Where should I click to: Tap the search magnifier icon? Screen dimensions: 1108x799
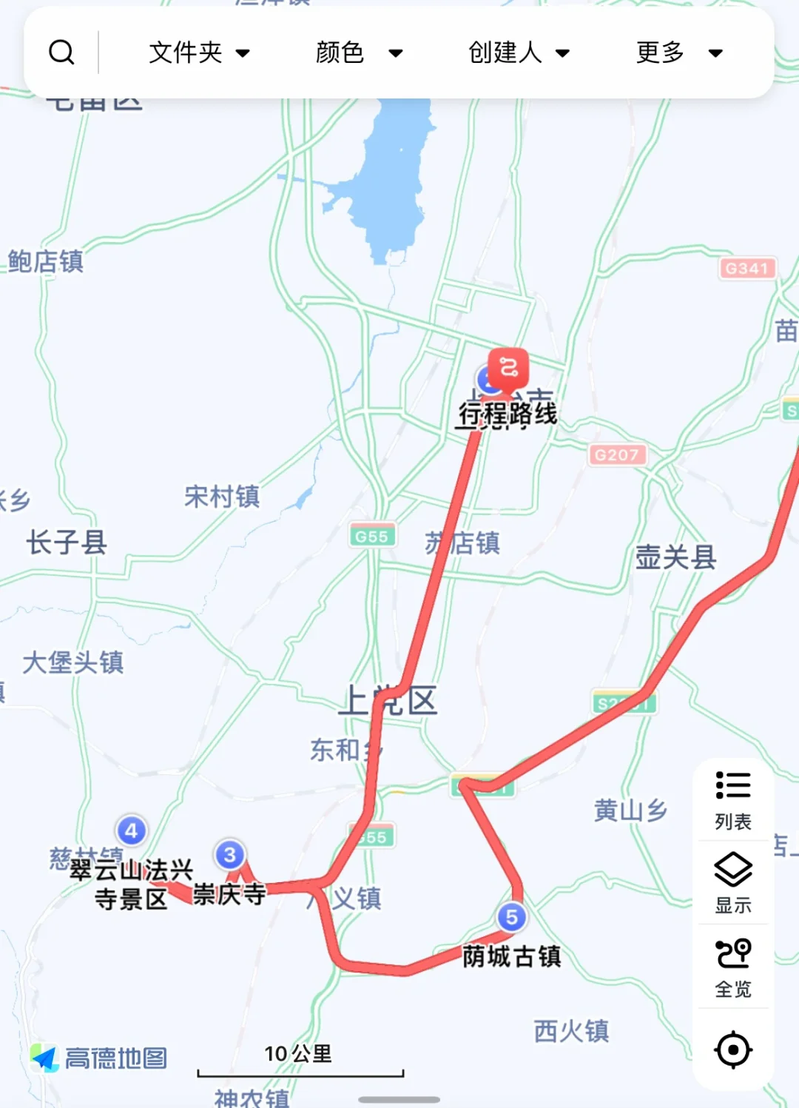tap(61, 53)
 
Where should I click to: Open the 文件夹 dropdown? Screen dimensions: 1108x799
tap(199, 53)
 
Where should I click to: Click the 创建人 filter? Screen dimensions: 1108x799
tap(519, 53)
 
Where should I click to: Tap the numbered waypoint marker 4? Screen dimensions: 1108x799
tap(131, 830)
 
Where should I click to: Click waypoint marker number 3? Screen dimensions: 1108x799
tap(229, 855)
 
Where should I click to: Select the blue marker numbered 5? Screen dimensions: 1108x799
tap(511, 917)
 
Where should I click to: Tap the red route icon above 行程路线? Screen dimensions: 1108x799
tap(509, 366)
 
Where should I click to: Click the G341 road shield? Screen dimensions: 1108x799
tap(746, 268)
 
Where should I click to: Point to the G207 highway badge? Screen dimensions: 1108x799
tap(616, 454)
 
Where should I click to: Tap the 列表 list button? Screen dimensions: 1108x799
tap(732, 799)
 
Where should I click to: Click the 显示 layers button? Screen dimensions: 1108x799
tap(732, 882)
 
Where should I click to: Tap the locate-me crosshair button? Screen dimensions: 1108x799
tap(732, 1050)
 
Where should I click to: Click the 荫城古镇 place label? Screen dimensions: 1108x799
tap(511, 956)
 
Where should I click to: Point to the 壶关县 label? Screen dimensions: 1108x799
tap(675, 557)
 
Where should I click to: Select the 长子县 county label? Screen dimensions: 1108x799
tap(67, 543)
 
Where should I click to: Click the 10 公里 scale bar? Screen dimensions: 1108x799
tap(300, 1062)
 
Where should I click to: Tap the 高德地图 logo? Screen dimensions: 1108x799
tap(99, 1058)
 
